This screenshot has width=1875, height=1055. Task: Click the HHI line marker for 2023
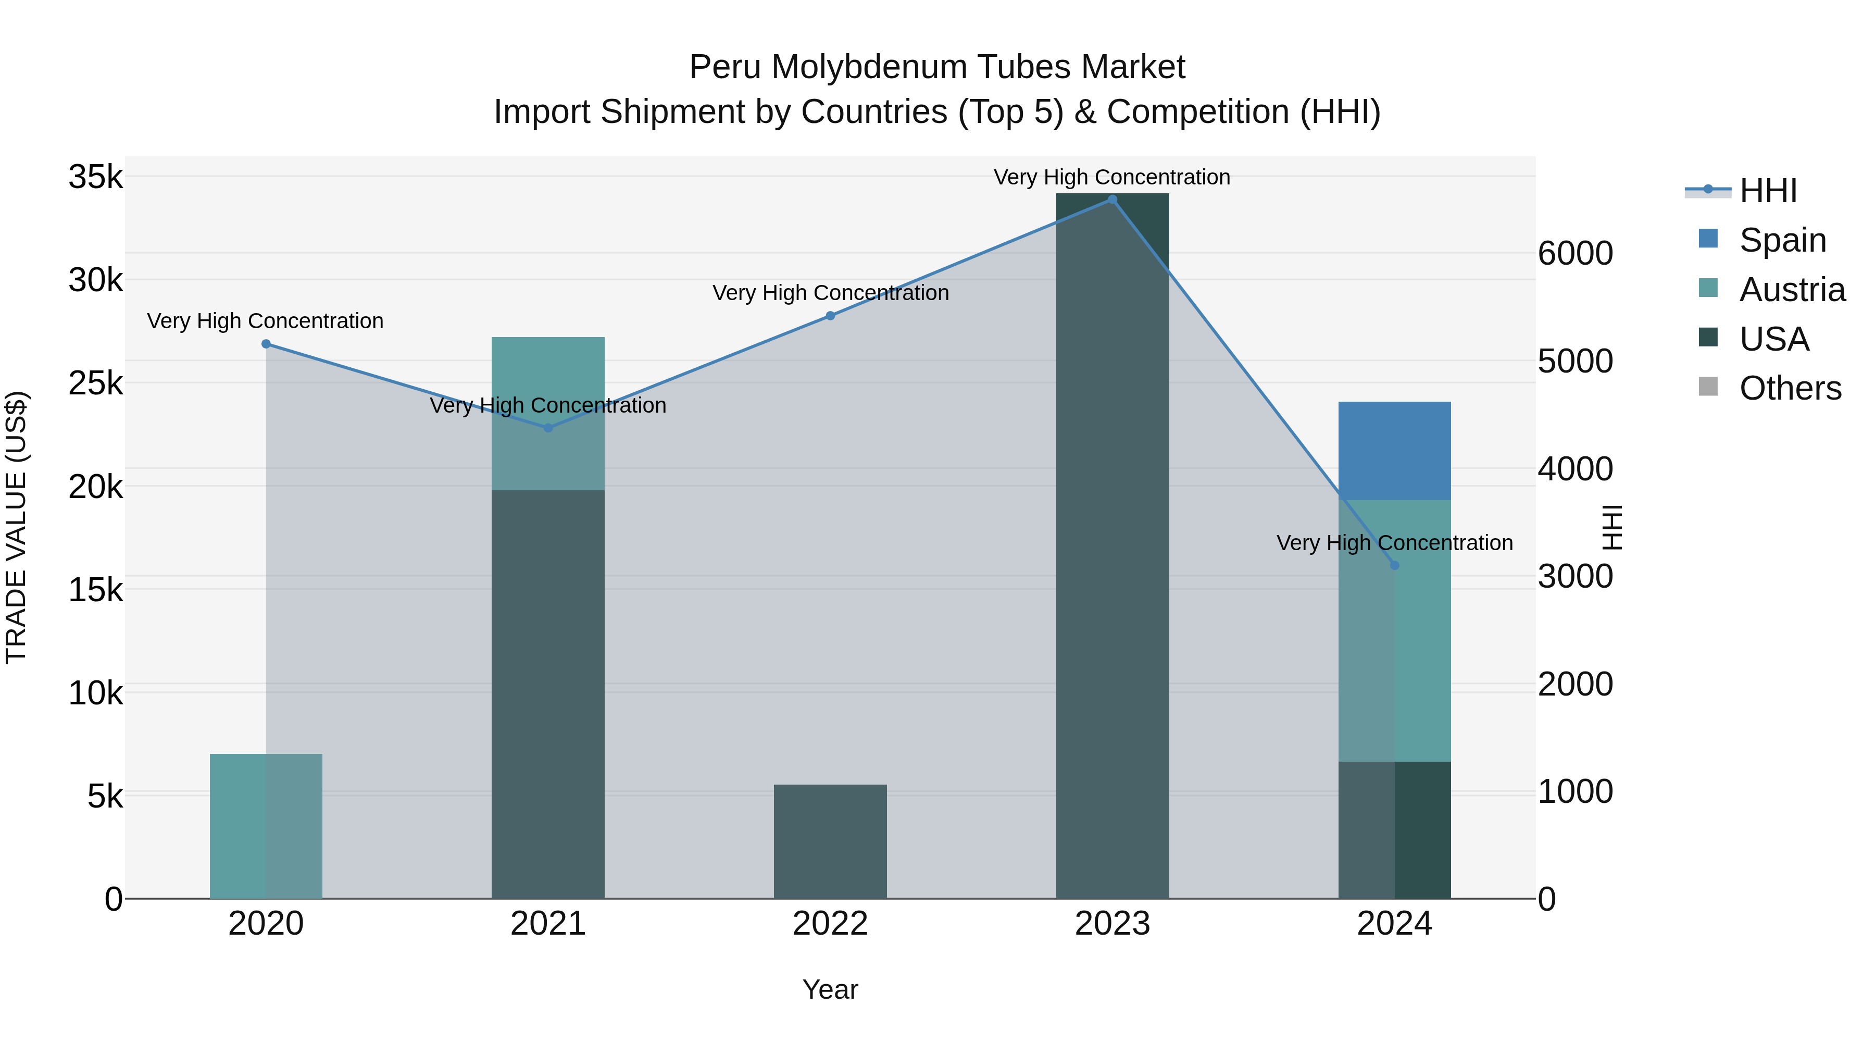point(1112,200)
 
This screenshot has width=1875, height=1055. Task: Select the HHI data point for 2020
point(266,344)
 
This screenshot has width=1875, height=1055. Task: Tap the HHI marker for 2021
point(548,428)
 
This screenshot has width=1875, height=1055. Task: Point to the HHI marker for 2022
point(831,316)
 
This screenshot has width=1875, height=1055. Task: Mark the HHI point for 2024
point(1395,566)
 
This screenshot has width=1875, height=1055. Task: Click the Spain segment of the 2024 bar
point(1395,451)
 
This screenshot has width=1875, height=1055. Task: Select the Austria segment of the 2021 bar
point(548,414)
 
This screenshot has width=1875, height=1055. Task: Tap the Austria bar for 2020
point(266,826)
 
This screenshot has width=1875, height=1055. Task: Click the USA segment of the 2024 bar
point(1395,830)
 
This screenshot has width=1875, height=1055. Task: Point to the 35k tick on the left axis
point(95,177)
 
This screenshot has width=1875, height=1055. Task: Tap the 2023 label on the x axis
point(1112,924)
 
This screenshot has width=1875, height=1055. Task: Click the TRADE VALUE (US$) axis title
point(16,527)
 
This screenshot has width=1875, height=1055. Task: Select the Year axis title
point(831,989)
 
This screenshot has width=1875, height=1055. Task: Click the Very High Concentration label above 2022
point(831,293)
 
